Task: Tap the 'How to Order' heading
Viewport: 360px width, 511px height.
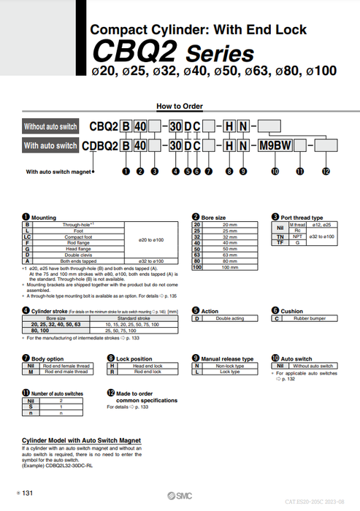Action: pos(180,106)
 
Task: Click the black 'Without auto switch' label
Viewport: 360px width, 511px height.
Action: pos(50,126)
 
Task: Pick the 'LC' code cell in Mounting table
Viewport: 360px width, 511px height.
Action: pos(28,237)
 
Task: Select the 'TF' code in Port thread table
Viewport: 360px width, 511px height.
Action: pos(279,242)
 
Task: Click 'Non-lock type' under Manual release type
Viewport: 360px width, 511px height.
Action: pos(230,366)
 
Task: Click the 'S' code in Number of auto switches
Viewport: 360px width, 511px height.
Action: pos(31,407)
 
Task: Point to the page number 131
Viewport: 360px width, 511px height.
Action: pos(28,494)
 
